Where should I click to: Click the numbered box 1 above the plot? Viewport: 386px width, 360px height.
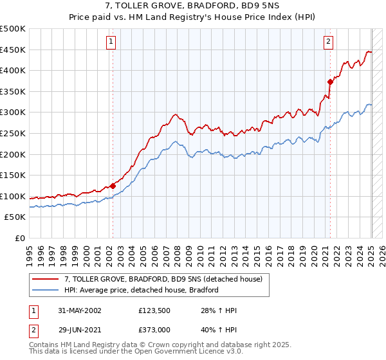pos(111,42)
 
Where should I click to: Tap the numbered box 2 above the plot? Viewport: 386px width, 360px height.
pos(328,42)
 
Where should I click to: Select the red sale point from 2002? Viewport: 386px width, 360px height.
pos(113,186)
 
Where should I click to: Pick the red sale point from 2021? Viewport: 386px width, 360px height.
pos(330,82)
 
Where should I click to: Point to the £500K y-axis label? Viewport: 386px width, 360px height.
pos(13,29)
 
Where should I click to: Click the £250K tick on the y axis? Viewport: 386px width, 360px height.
pos(13,133)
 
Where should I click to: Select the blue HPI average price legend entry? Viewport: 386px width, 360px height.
pos(142,290)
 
